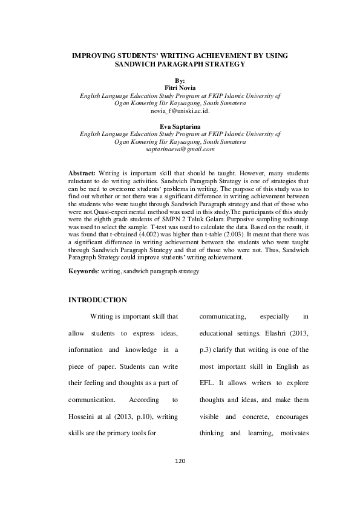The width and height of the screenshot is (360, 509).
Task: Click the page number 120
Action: tap(179, 461)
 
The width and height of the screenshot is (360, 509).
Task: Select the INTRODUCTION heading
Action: tap(97, 300)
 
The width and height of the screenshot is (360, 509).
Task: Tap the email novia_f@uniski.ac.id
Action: tap(180, 112)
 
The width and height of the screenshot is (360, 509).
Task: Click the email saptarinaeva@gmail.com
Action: tap(180, 149)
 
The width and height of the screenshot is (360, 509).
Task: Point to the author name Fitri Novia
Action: tap(180, 88)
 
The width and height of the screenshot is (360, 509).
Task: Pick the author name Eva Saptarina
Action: tap(180, 126)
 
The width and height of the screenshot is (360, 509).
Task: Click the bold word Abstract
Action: tap(82, 173)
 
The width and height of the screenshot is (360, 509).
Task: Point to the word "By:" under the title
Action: tap(180, 80)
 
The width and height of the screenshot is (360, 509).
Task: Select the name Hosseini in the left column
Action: tap(83, 417)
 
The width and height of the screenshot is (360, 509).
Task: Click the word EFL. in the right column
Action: tap(208, 383)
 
